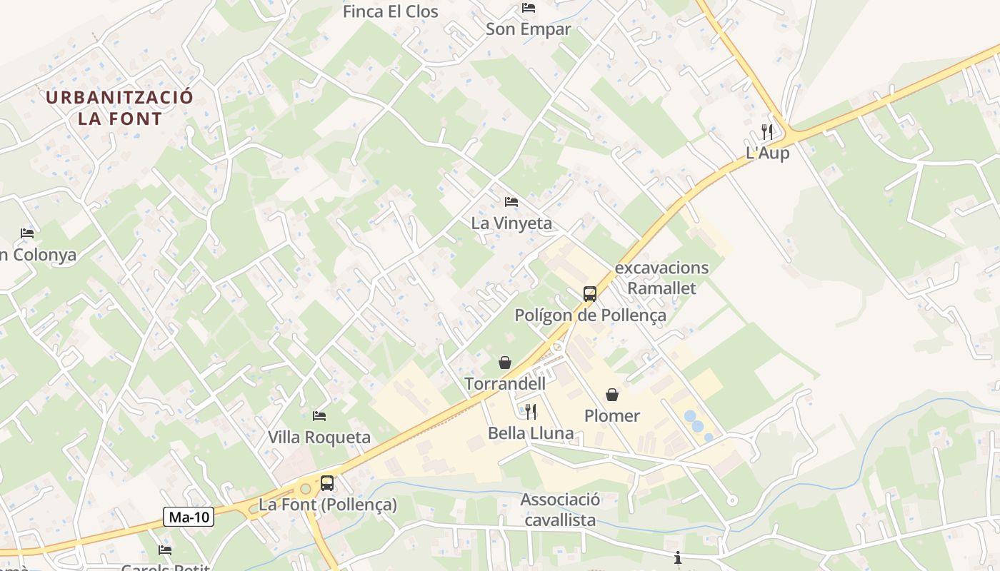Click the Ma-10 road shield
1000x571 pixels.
click(189, 517)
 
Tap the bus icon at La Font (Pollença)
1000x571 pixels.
click(327, 483)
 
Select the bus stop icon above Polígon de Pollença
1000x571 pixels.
click(590, 293)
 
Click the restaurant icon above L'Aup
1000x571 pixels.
click(767, 132)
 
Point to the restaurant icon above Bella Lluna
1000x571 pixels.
click(531, 412)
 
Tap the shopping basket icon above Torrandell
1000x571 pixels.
click(505, 363)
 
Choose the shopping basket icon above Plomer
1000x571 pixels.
click(612, 395)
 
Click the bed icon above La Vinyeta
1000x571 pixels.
click(511, 202)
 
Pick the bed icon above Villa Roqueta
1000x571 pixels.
click(319, 415)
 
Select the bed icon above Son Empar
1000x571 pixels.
click(529, 8)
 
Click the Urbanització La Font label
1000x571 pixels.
click(120, 108)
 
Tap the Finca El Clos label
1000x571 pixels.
click(390, 11)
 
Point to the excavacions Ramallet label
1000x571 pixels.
click(661, 278)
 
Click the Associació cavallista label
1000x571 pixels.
click(560, 510)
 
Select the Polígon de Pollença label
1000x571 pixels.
click(590, 315)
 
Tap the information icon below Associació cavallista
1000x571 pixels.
click(678, 557)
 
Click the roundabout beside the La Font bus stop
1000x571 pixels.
click(306, 489)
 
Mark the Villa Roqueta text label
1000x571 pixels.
click(319, 437)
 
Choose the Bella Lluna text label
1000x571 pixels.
click(531, 433)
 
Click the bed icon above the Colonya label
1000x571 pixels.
click(27, 233)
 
